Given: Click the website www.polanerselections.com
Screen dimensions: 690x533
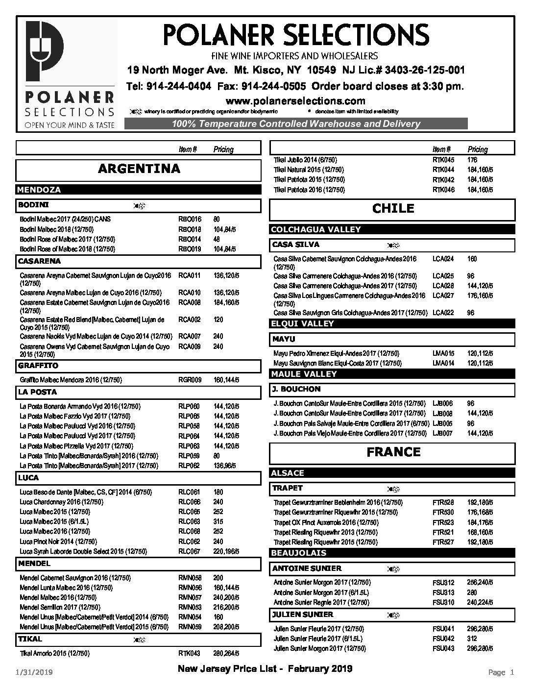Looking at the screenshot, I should [295, 101].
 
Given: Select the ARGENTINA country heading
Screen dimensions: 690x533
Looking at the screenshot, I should [139, 169].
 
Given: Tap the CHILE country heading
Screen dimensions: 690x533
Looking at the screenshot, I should [393, 209].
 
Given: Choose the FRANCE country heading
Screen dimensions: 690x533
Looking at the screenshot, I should [393, 452].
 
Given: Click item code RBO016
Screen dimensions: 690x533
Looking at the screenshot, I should [190, 219].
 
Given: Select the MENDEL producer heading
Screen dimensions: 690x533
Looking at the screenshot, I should [34, 564].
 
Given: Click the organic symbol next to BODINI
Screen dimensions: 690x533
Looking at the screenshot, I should [138, 205].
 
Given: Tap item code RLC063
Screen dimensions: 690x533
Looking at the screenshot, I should [190, 521].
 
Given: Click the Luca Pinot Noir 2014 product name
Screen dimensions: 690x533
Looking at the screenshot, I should [58, 542].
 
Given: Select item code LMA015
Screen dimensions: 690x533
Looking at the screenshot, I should [443, 353].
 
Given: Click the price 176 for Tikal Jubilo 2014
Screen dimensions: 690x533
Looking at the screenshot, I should [472, 160].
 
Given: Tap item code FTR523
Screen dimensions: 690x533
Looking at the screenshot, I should [443, 522].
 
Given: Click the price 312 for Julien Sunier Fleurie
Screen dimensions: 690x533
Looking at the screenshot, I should [472, 639].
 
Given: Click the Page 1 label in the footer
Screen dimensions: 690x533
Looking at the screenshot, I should [501, 672].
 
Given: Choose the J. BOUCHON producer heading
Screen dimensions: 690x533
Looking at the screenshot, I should [296, 389].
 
